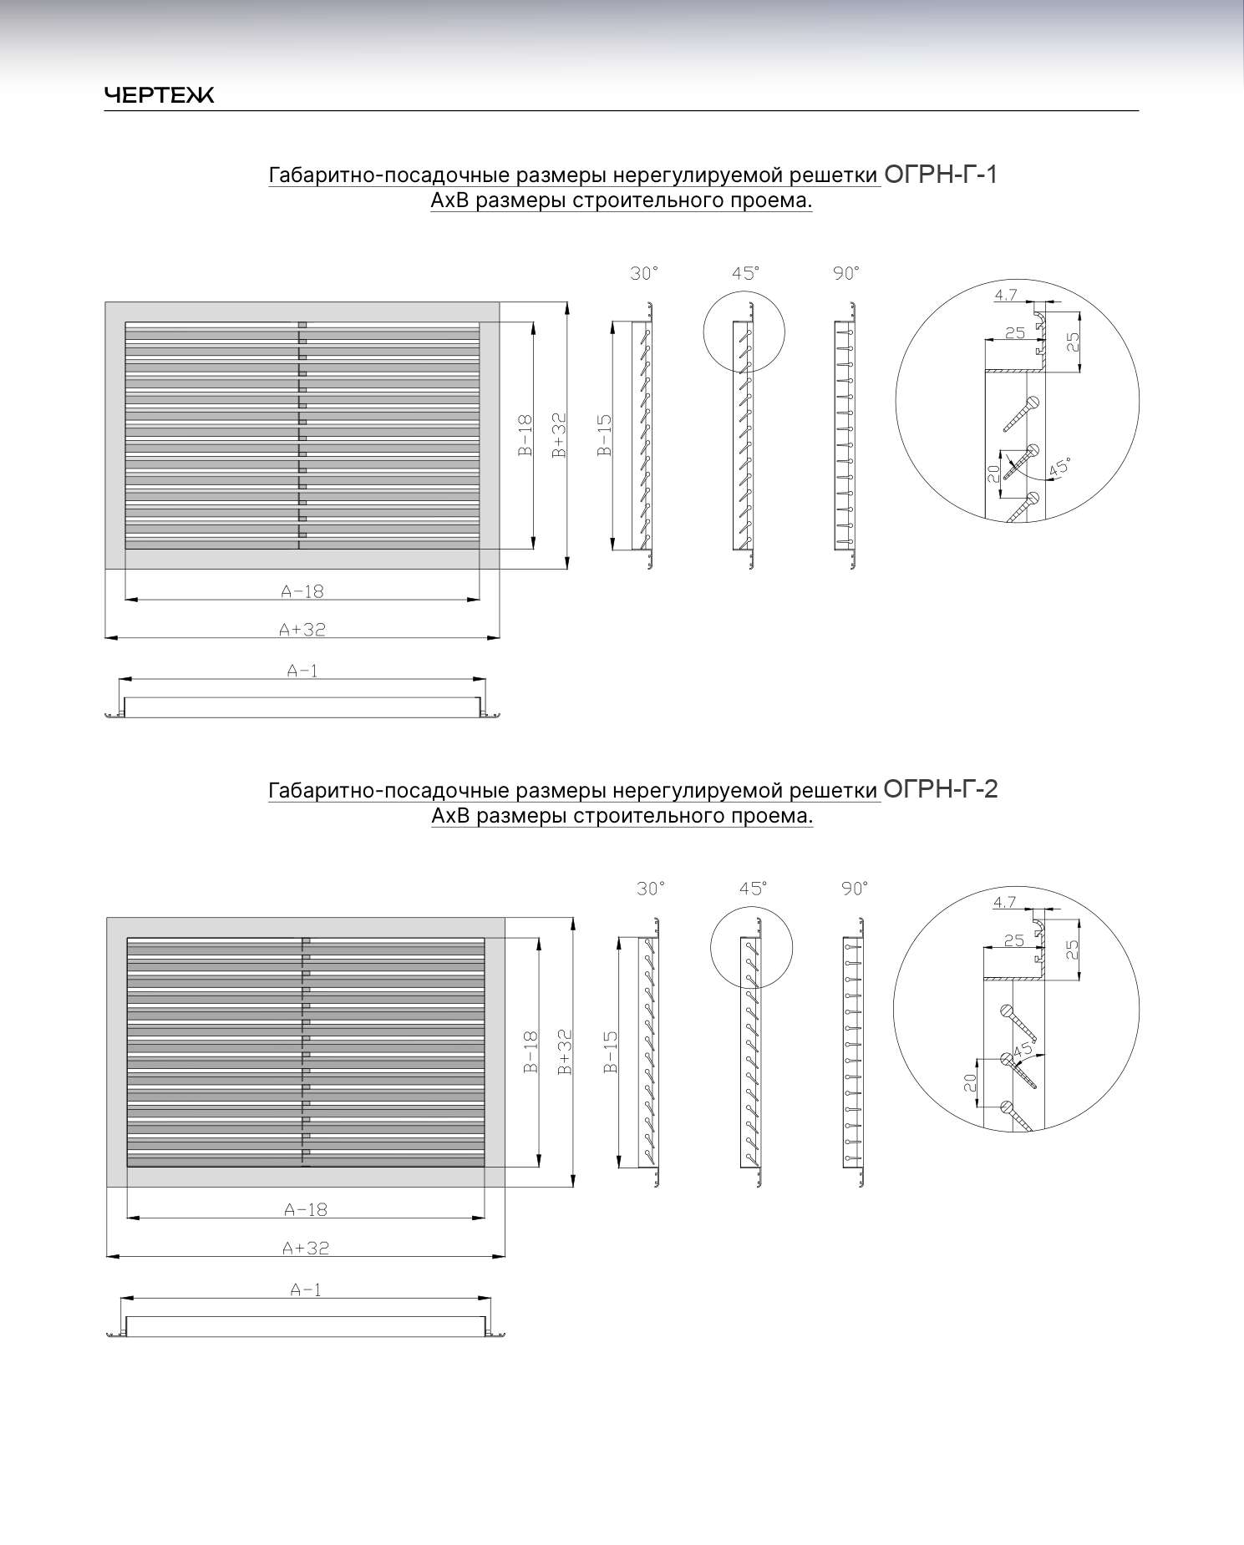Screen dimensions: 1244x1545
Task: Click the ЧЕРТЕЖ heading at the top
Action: coord(159,95)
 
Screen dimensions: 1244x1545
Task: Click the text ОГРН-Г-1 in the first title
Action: coord(941,175)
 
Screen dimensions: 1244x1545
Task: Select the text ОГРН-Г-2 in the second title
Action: coord(941,789)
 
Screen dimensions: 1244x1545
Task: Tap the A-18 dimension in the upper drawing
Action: coord(302,591)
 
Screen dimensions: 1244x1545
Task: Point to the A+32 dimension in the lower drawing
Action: coord(306,1248)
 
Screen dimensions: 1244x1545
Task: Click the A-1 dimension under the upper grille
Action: coord(302,670)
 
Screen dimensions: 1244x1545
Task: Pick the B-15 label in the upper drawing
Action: coord(605,435)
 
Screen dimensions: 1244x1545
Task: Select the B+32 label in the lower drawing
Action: coord(565,1052)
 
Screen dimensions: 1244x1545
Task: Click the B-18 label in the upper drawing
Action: coord(525,435)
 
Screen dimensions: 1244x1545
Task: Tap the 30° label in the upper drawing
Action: coord(644,273)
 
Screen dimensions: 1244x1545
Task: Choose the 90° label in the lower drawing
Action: coord(855,889)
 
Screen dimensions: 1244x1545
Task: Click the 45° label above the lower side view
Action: coord(753,889)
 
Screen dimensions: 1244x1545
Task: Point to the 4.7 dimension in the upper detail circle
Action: coord(1006,294)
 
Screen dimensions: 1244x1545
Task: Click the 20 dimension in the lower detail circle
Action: coord(970,1083)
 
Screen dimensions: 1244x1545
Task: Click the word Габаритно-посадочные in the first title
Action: coord(388,175)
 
